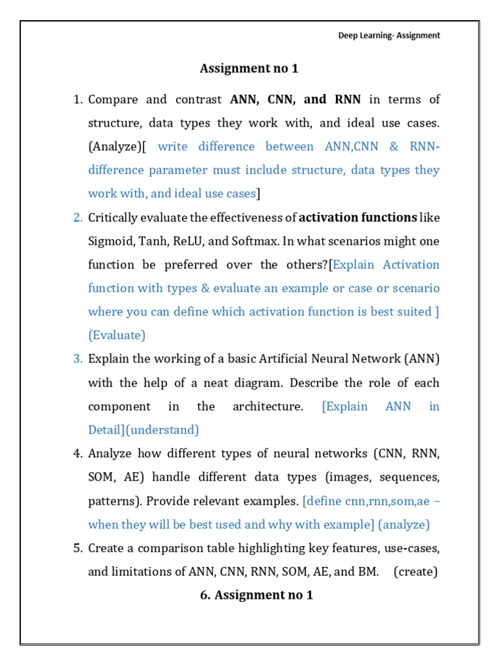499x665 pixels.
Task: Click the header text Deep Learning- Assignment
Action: tap(389, 36)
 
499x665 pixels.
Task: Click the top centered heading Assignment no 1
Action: tap(249, 69)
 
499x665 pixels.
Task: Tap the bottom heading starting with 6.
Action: tap(257, 595)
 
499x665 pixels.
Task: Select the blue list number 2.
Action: tap(77, 218)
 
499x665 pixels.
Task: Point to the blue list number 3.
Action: tap(77, 359)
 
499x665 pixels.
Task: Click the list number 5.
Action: tap(77, 548)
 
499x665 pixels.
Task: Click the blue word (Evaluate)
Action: tap(117, 336)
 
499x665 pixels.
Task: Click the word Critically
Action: tap(114, 218)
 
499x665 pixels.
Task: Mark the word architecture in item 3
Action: tap(268, 407)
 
